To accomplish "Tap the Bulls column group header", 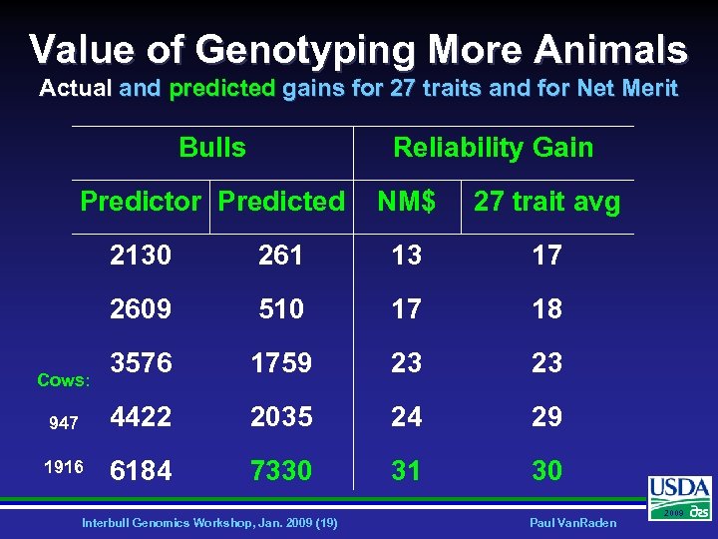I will click(212, 148).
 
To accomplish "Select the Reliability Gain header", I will click(493, 148).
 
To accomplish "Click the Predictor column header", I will click(141, 202).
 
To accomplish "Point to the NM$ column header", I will click(406, 202).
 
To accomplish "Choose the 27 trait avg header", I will click(546, 203).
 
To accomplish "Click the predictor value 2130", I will click(141, 256).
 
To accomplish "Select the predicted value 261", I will click(280, 256).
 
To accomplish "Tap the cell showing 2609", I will click(141, 309).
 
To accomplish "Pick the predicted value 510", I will click(280, 309).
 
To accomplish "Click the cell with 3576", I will click(141, 362).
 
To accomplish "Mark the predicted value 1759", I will click(280, 362).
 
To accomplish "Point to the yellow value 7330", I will click(280, 470).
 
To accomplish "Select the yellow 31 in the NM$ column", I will click(406, 470).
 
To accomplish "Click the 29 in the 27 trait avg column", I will click(546, 416).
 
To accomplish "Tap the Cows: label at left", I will click(63, 380).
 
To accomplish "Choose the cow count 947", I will click(63, 423).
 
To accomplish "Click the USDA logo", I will click(680, 496).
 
